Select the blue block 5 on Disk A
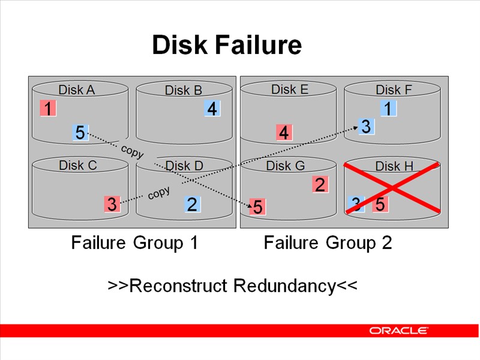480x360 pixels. point(80,133)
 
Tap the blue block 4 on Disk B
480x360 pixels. point(211,109)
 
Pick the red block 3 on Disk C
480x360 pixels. point(112,204)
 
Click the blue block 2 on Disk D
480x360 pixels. point(192,205)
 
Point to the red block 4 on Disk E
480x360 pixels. point(284,133)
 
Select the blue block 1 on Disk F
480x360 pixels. point(389,109)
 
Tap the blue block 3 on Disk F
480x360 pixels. point(367,127)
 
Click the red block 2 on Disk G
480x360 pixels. point(320,185)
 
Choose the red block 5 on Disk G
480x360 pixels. point(257,207)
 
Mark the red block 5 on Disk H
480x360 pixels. point(380,205)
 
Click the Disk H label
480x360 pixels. point(394,166)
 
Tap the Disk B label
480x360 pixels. point(184,91)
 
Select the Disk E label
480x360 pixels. point(290,89)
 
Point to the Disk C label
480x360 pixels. point(78,165)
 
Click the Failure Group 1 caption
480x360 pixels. point(134,243)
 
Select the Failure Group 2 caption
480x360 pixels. point(328,243)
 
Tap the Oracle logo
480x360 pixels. point(398,331)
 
